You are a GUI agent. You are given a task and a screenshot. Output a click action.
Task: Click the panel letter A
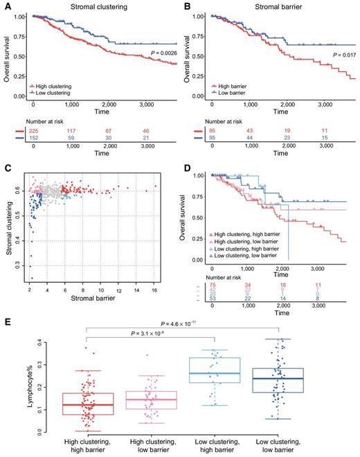(x=7, y=6)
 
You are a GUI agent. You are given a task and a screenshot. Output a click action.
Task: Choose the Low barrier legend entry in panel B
(x=225, y=91)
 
